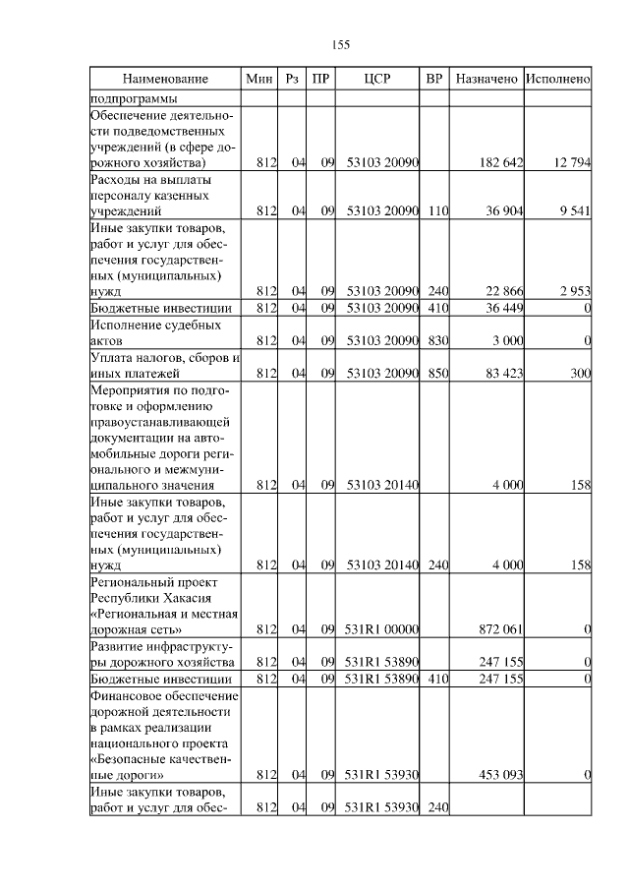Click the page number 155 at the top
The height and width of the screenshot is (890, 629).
(341, 45)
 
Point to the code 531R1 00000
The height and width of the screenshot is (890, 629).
(382, 629)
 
